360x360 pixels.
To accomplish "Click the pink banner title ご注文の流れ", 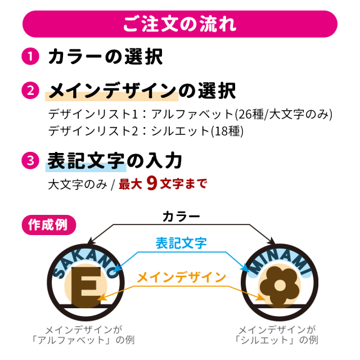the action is (180, 24).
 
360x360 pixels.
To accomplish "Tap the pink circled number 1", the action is (30, 56).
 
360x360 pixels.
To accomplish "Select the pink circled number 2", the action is (30, 91).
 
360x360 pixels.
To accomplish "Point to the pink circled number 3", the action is (30, 160).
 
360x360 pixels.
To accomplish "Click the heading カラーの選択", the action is (105, 56).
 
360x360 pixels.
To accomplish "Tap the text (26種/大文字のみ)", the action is (283, 114).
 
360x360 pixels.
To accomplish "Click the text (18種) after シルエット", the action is (227, 131).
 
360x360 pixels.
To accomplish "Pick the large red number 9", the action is (152, 183).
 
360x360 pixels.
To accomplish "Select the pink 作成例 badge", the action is (49, 225).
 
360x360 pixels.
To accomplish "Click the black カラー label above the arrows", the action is (181, 217).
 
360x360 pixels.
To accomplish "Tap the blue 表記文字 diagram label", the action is (181, 243).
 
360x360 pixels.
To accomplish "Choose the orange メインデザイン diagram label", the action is (181, 277).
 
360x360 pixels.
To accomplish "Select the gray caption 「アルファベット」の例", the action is (83, 340).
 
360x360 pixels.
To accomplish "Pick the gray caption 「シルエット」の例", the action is (276, 340).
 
